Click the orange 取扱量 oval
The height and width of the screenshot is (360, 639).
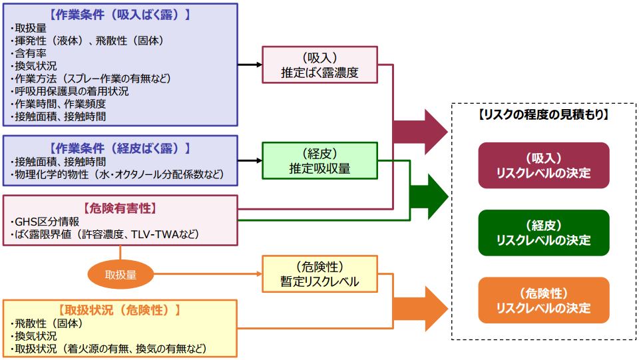(x=120, y=273)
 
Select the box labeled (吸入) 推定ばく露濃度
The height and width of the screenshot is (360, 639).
(x=319, y=65)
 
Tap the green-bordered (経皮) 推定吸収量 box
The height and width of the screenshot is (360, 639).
(x=319, y=160)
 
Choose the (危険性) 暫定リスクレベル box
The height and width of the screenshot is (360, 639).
(x=319, y=273)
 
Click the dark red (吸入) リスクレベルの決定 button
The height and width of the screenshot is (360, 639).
(x=543, y=165)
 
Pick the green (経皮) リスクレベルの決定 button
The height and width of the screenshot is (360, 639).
(x=543, y=232)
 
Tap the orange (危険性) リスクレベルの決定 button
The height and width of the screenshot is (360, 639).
(x=543, y=300)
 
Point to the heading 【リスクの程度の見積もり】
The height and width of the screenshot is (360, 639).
(x=543, y=114)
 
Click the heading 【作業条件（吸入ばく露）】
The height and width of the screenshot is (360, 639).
(x=120, y=14)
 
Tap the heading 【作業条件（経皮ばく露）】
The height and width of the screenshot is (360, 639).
(x=120, y=147)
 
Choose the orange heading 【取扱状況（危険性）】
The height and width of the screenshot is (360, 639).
(x=120, y=310)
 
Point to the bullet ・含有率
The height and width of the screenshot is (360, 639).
(x=29, y=53)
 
